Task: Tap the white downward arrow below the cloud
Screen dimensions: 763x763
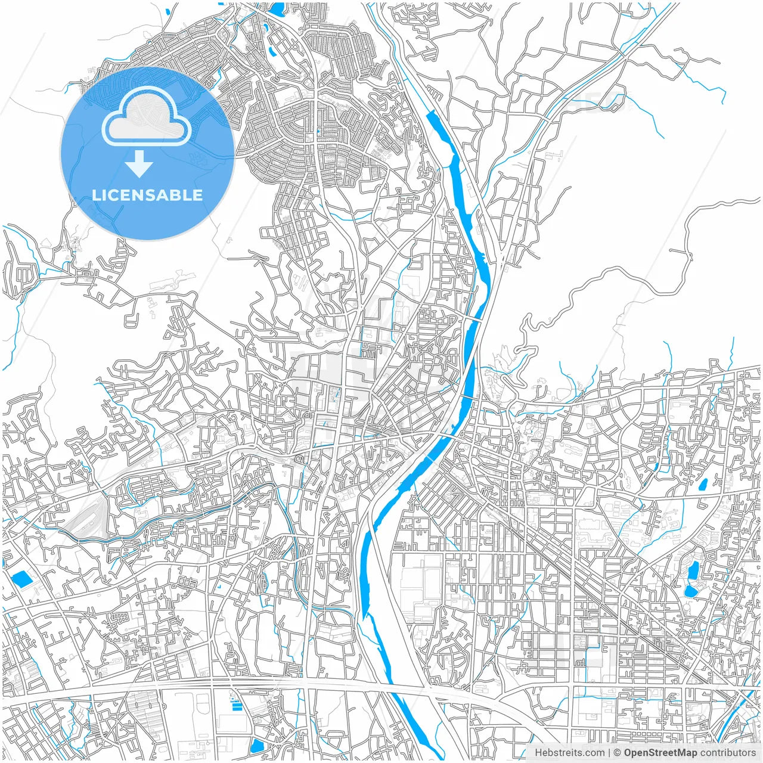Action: [x=139, y=164]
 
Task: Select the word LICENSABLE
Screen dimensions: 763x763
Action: [x=147, y=195]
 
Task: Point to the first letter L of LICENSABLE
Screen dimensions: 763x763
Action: [x=95, y=195]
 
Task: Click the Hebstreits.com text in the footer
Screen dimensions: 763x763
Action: [x=569, y=753]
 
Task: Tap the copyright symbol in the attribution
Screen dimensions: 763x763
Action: [x=617, y=753]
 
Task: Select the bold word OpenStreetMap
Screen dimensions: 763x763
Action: [x=660, y=753]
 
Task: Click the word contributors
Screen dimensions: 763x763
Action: [x=728, y=753]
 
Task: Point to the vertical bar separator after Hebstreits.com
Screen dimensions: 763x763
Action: [x=609, y=753]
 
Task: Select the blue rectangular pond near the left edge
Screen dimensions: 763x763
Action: [x=21, y=578]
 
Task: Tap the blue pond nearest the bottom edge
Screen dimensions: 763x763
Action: [x=257, y=746]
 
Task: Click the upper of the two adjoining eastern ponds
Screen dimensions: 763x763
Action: [x=693, y=571]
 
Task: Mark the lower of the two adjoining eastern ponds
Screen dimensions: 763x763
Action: [x=691, y=591]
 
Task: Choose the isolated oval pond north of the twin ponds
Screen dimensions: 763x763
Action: [x=703, y=484]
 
